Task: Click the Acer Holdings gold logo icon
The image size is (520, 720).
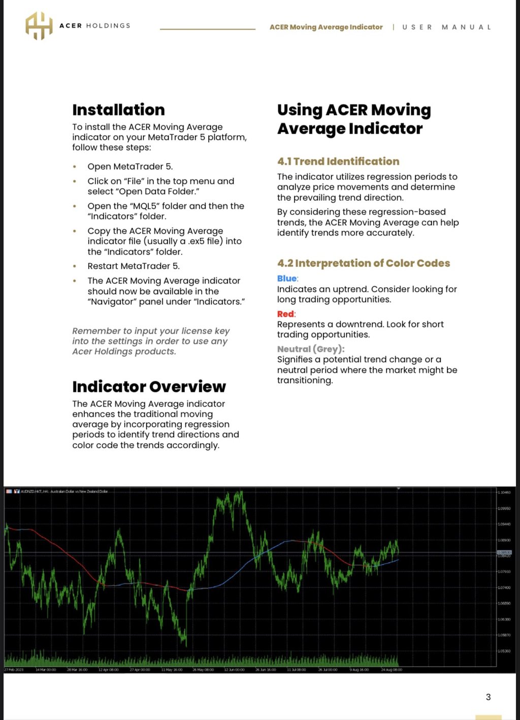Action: coord(39,26)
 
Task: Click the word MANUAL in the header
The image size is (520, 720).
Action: coord(466,27)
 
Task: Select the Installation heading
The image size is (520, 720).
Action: coord(118,110)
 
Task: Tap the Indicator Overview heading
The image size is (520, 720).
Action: coord(149,387)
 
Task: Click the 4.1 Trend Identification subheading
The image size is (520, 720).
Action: coord(338,162)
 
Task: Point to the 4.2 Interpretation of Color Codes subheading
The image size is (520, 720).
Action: coord(364,263)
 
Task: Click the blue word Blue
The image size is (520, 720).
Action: coord(287,278)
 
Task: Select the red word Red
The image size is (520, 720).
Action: coord(286,314)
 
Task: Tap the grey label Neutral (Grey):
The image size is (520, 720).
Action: coord(311,349)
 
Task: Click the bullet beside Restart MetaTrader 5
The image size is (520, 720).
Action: coord(75,266)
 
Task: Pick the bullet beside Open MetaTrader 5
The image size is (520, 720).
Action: coord(75,167)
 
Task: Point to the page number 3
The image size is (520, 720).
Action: coord(489,697)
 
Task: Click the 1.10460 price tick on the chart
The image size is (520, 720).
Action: coord(504,492)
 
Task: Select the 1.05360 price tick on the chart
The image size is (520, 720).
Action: coord(504,651)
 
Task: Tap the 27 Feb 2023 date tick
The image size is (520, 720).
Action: coord(14,670)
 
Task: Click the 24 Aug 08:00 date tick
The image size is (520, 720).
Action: coord(392,670)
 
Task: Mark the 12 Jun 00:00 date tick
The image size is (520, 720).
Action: coord(234,670)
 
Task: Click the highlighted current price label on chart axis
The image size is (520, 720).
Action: coord(504,552)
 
